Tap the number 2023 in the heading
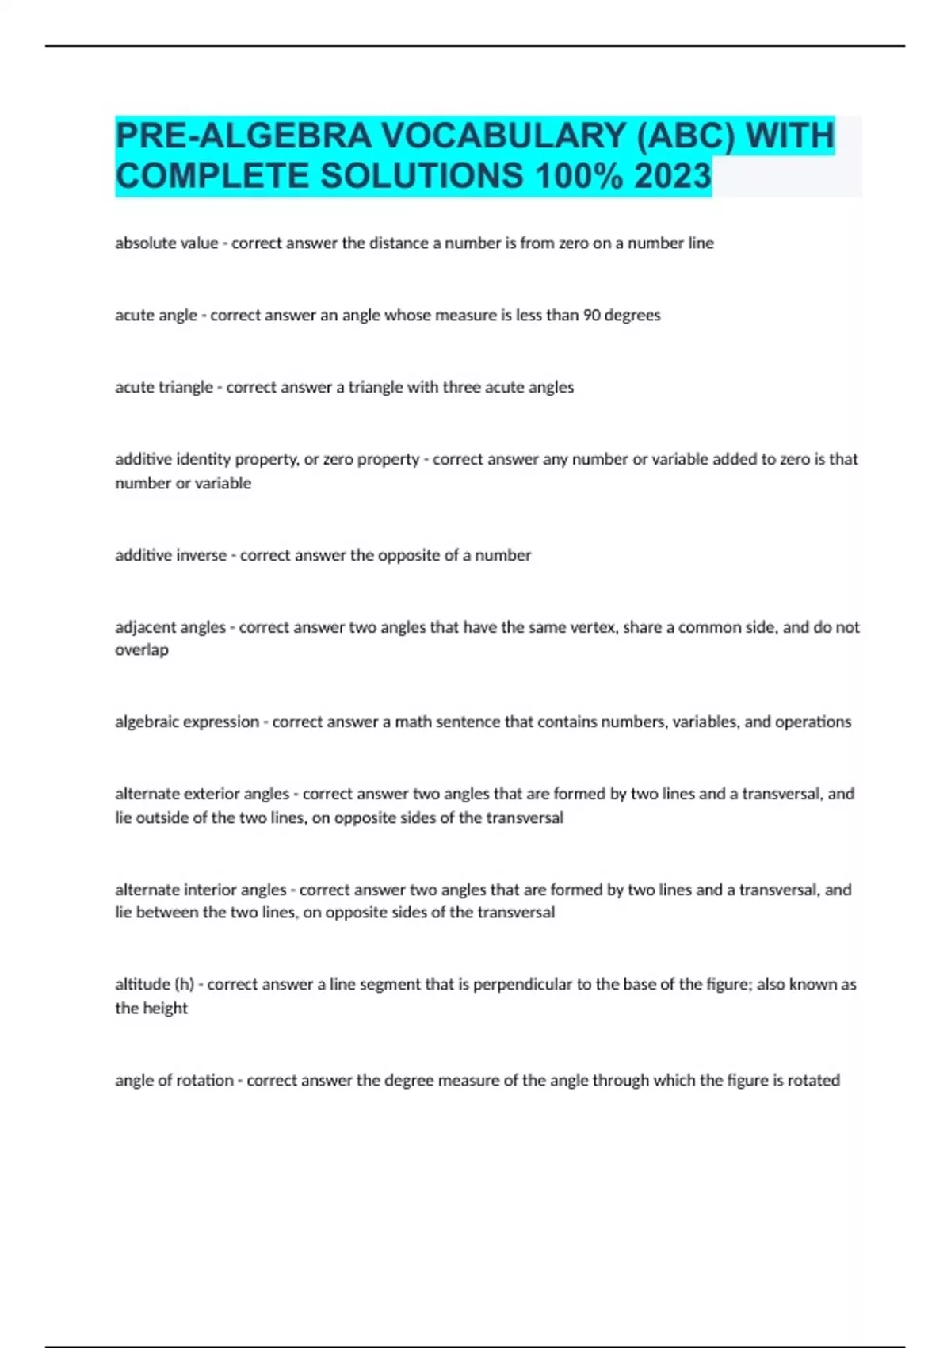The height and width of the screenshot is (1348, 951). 672,176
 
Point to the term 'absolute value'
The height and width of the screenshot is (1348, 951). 166,243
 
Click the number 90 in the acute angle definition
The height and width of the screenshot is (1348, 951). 591,316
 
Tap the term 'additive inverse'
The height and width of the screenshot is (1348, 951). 170,555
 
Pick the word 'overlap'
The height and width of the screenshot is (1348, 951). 142,650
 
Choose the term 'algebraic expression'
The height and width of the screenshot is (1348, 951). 187,722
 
